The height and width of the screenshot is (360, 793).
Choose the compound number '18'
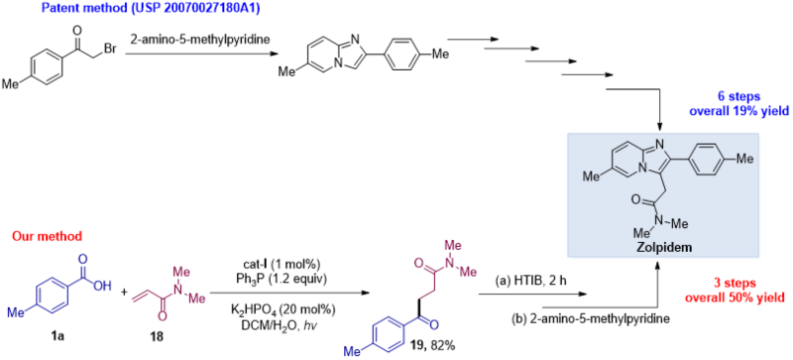[x=158, y=335]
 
